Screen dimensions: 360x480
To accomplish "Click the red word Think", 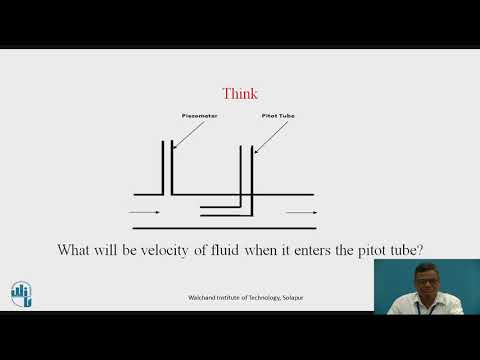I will coord(240,94).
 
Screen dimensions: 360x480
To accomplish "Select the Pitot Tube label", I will coord(277,116).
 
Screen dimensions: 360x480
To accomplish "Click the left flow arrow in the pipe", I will coord(144,213).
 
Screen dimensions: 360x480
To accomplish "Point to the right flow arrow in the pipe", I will coord(301,213).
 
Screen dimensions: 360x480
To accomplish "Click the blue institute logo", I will coord(22,292).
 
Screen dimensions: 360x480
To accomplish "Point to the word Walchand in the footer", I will coord(204,298).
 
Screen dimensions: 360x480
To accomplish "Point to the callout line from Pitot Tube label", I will coord(265,138).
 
